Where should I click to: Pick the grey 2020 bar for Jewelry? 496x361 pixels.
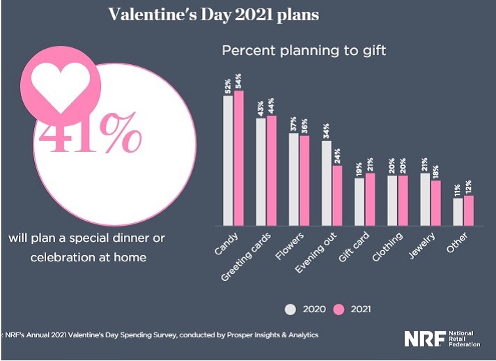424,199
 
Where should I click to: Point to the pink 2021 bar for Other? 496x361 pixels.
468,210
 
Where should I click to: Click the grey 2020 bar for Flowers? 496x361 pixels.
293,179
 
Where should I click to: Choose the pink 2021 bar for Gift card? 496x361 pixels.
370,199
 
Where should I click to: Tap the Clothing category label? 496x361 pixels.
389,247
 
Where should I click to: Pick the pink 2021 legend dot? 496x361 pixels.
341,308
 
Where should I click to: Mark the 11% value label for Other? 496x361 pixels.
458,190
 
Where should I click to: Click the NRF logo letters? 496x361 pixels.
423,338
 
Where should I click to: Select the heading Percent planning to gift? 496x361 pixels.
304,51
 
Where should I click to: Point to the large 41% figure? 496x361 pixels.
90,135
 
